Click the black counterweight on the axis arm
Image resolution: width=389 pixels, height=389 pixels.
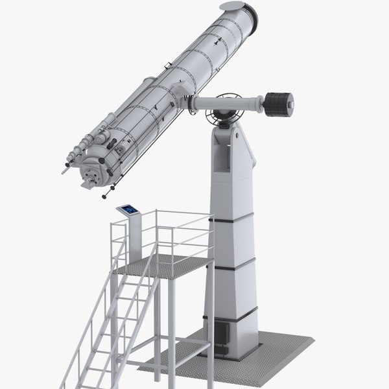click(x=279, y=104)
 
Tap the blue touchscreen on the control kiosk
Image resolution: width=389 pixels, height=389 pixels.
click(x=128, y=209)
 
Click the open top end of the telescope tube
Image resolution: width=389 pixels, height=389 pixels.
click(x=238, y=8)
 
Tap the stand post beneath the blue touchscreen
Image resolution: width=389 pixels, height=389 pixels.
click(x=134, y=237)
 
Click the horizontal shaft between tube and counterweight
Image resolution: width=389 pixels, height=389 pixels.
click(x=227, y=102)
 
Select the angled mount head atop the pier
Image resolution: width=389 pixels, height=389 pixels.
click(x=231, y=146)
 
